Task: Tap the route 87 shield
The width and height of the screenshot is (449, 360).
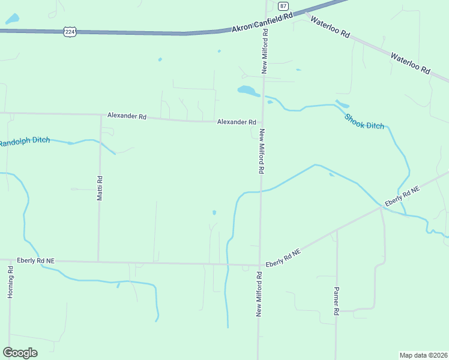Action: click(x=283, y=5)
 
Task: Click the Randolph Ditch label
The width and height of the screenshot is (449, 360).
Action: click(x=24, y=142)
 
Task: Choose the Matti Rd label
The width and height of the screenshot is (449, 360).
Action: click(x=100, y=188)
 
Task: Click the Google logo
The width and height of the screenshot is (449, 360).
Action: click(x=20, y=352)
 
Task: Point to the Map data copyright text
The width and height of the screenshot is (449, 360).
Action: click(x=423, y=355)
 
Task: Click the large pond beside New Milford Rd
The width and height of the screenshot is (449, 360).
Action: click(x=248, y=91)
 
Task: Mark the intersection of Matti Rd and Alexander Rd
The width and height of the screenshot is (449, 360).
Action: click(x=101, y=114)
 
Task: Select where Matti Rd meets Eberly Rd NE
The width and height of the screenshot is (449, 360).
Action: click(x=98, y=261)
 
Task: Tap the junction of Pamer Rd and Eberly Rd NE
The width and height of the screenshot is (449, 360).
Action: click(x=337, y=230)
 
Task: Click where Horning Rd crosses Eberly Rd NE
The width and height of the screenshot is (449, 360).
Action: click(x=10, y=260)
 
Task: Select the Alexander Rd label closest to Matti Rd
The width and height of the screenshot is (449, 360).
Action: click(x=127, y=115)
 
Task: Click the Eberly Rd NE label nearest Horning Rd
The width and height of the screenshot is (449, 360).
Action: click(x=35, y=260)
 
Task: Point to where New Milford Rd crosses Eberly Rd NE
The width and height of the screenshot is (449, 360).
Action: click(x=260, y=265)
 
